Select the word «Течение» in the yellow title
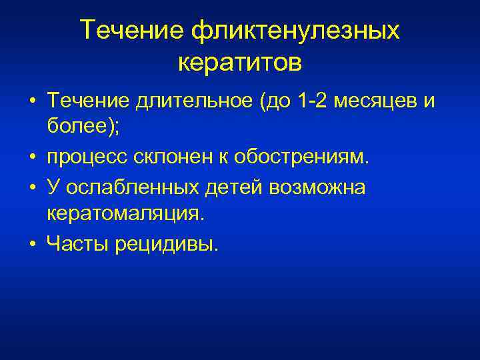pyautogui.click(x=132, y=31)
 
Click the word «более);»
pyautogui.click(x=83, y=126)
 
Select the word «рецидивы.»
pyautogui.click(x=166, y=244)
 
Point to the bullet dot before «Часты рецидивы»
pyautogui.click(x=32, y=244)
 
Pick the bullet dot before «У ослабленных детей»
pyautogui.click(x=32, y=189)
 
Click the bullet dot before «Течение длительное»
pyautogui.click(x=32, y=103)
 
